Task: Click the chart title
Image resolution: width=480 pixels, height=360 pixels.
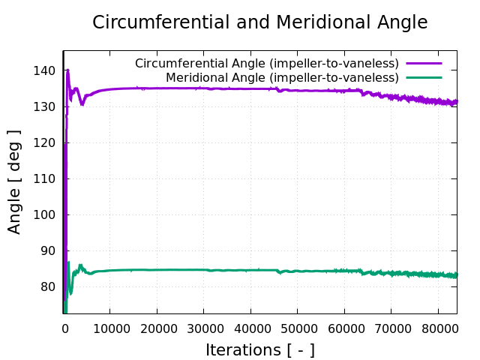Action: (259, 22)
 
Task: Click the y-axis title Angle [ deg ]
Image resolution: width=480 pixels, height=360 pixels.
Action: (15, 181)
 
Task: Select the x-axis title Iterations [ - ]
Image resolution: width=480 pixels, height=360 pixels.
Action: (259, 349)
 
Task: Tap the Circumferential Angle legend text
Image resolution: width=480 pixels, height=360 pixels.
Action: (266, 64)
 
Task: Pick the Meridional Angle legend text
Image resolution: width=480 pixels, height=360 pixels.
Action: (282, 77)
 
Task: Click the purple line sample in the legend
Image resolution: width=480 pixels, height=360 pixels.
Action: (424, 64)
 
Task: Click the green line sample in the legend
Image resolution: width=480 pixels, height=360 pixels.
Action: (424, 77)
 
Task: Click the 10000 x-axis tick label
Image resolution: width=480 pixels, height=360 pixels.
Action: (109, 327)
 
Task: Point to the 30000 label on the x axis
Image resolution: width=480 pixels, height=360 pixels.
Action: (203, 327)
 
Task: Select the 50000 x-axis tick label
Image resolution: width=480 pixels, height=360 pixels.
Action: (297, 327)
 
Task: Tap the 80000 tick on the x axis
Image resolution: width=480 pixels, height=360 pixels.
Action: (438, 327)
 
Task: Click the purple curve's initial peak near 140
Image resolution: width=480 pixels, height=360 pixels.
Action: (67, 71)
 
